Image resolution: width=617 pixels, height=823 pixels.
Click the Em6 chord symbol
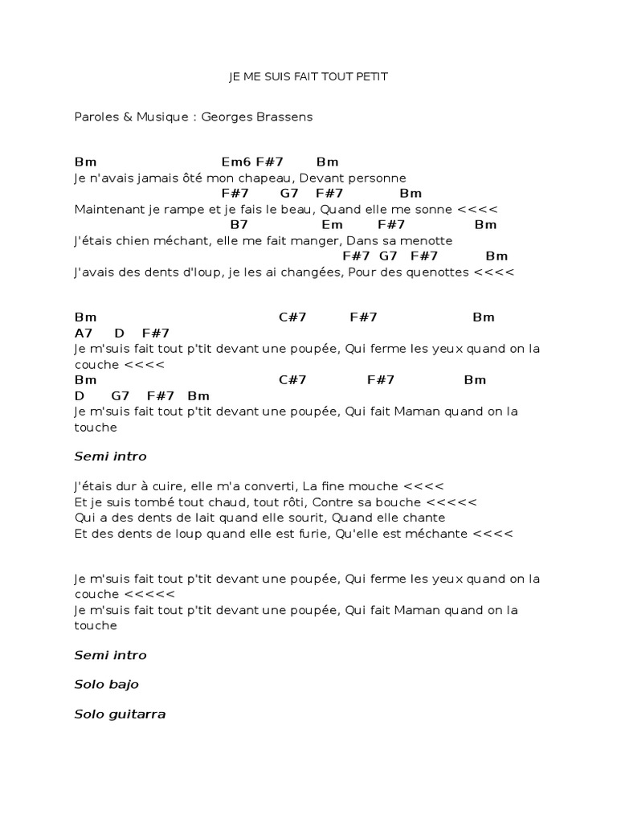pyautogui.click(x=236, y=162)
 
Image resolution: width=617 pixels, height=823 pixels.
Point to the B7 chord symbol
pyautogui.click(x=239, y=225)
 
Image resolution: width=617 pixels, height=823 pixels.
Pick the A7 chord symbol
pyautogui.click(x=84, y=333)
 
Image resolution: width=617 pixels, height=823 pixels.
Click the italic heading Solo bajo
pyautogui.click(x=106, y=685)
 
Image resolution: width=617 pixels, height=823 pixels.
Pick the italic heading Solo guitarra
pyautogui.click(x=120, y=714)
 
